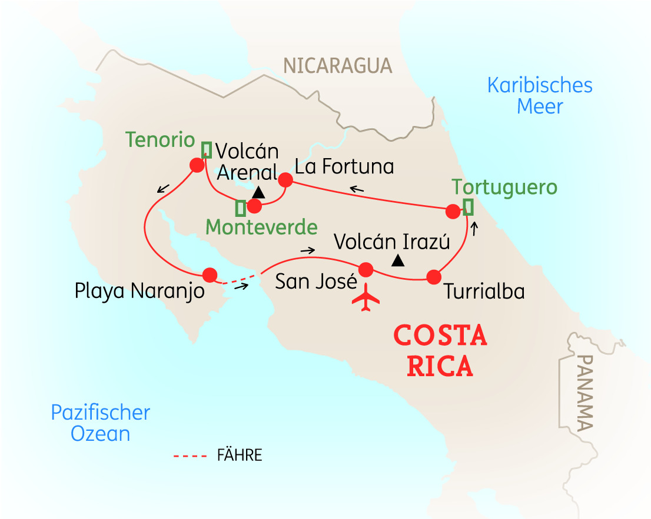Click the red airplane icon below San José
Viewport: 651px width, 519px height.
(x=366, y=298)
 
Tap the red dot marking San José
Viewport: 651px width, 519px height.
(x=366, y=270)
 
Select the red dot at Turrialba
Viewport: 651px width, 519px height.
(x=434, y=277)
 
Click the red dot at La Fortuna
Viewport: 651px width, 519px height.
(x=285, y=179)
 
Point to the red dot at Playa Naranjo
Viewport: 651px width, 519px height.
(x=210, y=274)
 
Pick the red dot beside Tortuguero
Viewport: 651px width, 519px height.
(x=453, y=211)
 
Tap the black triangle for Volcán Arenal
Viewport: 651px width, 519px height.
(x=258, y=192)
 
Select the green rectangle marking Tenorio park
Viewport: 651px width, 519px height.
(x=206, y=149)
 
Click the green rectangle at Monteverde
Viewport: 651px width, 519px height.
(x=240, y=207)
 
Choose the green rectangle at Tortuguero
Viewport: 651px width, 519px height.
(x=469, y=207)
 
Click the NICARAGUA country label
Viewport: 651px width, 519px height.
(x=337, y=65)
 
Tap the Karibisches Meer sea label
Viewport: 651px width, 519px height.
(x=540, y=96)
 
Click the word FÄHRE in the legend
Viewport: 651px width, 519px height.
(x=240, y=456)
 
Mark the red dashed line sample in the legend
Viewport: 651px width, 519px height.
(x=191, y=456)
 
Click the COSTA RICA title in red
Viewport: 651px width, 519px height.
(x=440, y=351)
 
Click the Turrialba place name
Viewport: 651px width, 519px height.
(x=484, y=292)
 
